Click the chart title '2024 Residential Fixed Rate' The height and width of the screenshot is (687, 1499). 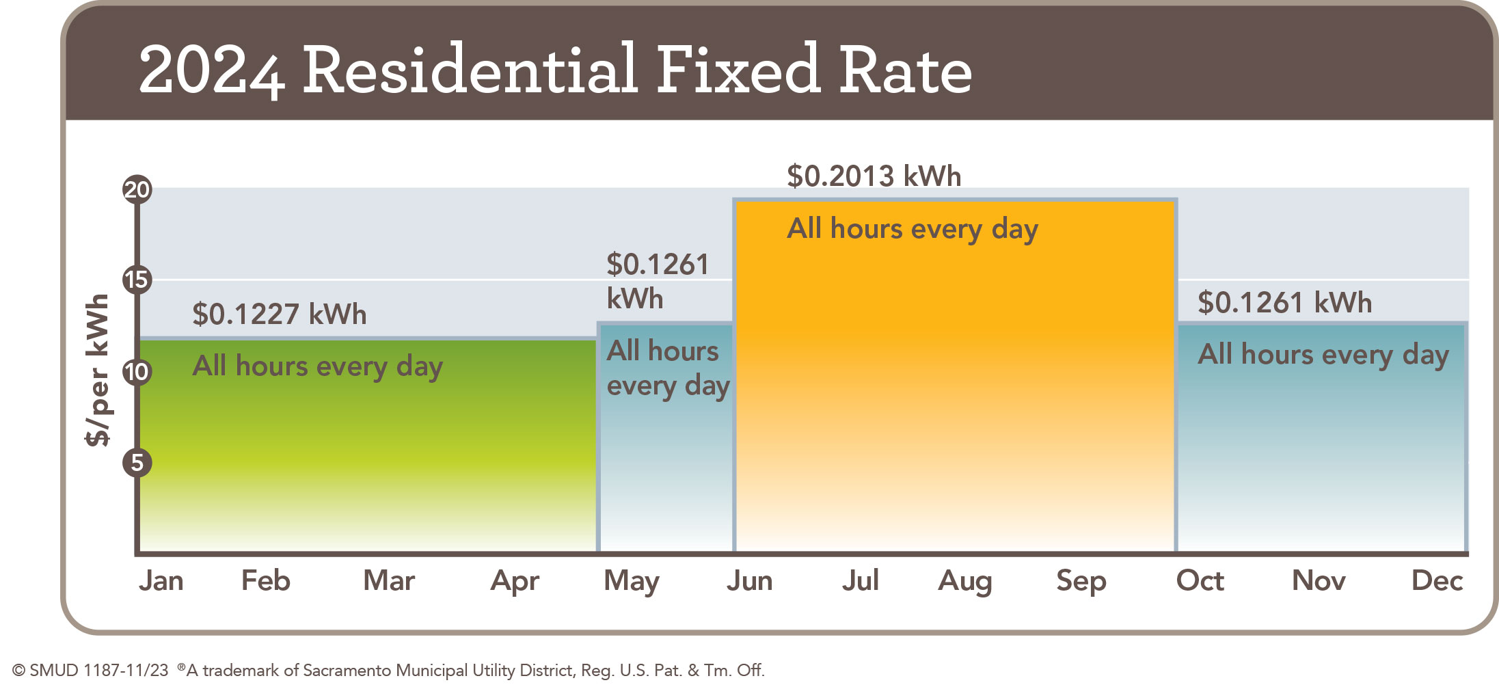point(555,70)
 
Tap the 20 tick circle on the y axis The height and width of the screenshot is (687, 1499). point(137,189)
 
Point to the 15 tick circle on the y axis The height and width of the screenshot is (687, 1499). point(137,280)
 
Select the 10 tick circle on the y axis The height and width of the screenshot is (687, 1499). point(137,372)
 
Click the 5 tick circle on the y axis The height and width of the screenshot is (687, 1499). point(137,463)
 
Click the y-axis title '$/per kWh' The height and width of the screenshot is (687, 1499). point(98,370)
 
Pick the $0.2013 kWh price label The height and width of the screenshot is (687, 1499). point(874,176)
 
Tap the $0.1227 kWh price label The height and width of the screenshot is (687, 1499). point(280,314)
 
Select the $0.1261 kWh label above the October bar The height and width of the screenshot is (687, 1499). point(1284,303)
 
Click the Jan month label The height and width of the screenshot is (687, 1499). point(161,581)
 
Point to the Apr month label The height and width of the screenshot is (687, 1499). point(515,581)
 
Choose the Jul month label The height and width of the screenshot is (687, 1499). point(860,581)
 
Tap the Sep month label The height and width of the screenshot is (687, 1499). point(1081,581)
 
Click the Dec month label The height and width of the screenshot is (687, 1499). point(1437,581)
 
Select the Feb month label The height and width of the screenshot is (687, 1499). point(266,581)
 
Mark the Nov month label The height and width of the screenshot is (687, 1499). point(1319,581)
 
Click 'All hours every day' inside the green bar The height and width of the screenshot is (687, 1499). point(318,366)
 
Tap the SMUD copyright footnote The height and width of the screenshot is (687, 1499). point(388,670)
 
